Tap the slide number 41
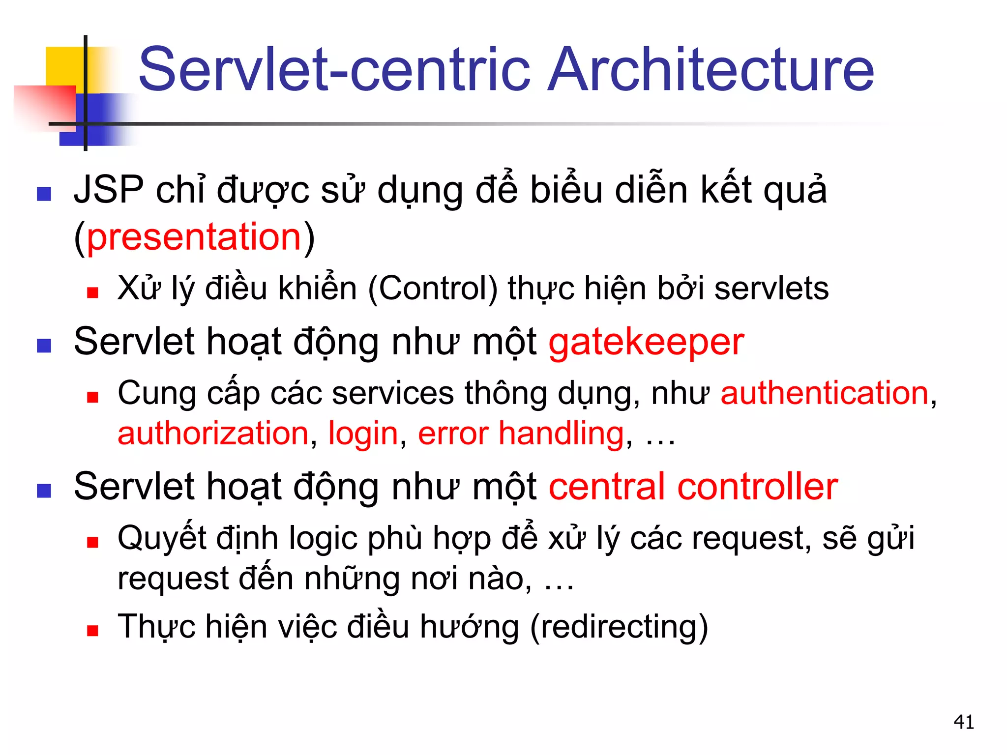964,722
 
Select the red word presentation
194,237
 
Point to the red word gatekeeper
646,343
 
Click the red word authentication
825,393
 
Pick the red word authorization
213,434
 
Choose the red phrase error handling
521,434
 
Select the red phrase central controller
693,487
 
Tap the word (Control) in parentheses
433,289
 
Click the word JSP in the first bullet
109,190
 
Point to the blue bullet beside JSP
44,194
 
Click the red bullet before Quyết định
92,542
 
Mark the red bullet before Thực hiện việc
92,631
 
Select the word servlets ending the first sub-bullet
771,289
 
